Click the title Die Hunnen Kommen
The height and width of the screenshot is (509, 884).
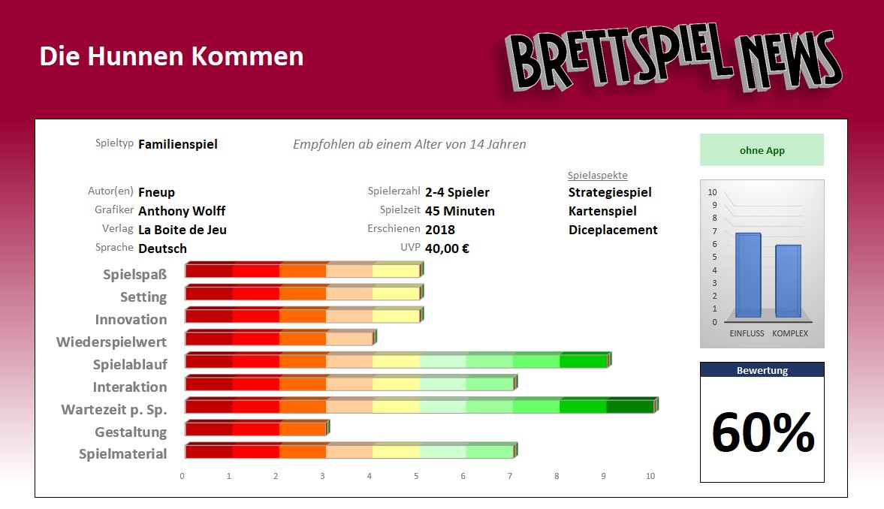171,56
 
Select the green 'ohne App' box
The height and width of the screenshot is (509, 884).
762,150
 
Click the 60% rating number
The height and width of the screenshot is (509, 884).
762,432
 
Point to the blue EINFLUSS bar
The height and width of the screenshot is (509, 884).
748,275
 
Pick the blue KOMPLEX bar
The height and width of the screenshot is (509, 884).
788,281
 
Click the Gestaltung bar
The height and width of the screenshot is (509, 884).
255,429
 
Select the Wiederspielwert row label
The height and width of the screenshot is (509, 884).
111,342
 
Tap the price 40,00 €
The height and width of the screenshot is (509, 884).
447,248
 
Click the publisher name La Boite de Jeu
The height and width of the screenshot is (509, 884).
183,230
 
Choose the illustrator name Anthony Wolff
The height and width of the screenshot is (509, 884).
182,211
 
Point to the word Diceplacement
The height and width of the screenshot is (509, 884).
613,230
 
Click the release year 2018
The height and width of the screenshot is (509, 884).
440,230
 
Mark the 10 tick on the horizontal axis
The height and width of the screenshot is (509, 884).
650,476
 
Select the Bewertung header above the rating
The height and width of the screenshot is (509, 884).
762,370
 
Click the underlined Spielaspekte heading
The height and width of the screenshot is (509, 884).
598,176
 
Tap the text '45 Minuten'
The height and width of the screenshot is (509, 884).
460,211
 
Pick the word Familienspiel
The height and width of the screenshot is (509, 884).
178,144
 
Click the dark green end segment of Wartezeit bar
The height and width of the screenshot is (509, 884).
631,406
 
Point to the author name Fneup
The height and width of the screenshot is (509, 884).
156,192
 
